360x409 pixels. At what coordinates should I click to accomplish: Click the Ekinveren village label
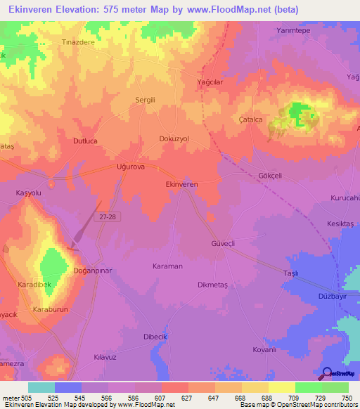coord(181,183)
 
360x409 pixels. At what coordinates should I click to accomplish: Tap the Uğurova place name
coord(130,167)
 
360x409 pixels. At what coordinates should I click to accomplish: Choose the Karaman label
coord(167,266)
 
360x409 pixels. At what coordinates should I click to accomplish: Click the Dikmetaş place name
coord(214,285)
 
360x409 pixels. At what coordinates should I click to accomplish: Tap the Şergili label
coord(145,100)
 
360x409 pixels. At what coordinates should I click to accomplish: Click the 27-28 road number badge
coord(108,217)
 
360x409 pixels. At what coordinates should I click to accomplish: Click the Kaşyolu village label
coord(30,192)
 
